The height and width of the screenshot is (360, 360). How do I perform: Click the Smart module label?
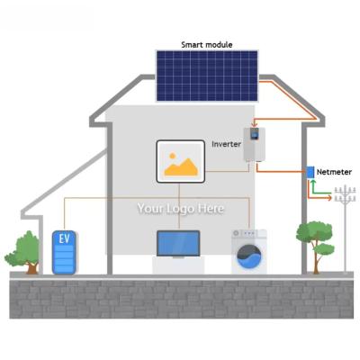[x=207, y=45]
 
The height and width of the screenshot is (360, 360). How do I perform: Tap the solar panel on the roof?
[x=207, y=76]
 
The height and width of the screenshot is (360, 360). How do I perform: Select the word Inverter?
[x=226, y=144]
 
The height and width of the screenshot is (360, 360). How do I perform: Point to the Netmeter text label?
[x=334, y=172]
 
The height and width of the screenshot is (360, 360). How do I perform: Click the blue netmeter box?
[x=310, y=172]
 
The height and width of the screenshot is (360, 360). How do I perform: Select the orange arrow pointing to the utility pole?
[x=319, y=192]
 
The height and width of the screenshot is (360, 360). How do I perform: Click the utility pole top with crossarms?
[x=345, y=194]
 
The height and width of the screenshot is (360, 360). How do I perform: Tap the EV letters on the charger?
[x=64, y=238]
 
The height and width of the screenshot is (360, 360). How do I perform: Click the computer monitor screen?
[x=178, y=243]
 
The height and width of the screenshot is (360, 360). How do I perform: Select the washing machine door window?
[x=249, y=256]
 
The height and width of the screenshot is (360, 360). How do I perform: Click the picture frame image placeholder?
[x=181, y=161]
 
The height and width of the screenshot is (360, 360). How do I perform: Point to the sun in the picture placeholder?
[x=172, y=156]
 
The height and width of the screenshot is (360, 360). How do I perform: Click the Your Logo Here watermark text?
[x=181, y=208]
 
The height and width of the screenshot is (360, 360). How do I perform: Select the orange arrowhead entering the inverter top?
[x=255, y=125]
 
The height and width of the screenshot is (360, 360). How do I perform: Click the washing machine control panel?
[x=249, y=233]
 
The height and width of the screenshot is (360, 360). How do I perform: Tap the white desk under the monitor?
[x=178, y=265]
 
